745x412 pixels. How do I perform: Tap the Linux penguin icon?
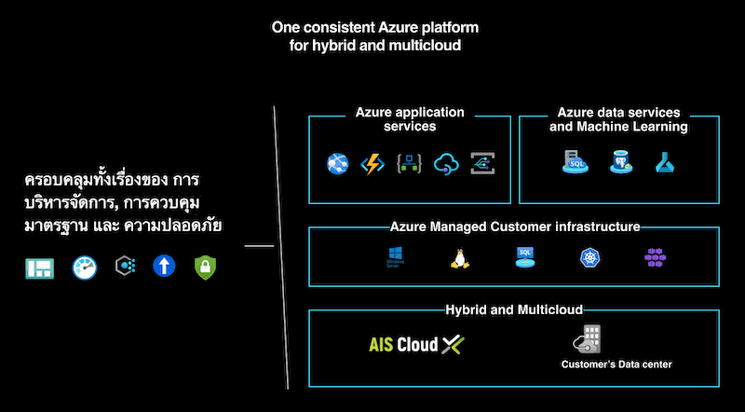(x=458, y=258)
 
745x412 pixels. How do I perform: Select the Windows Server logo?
(x=397, y=257)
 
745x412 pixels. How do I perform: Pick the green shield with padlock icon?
(x=205, y=268)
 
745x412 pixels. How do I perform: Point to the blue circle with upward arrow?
(x=165, y=268)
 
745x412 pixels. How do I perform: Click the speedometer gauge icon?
(x=85, y=268)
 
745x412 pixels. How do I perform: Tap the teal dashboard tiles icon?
(x=40, y=268)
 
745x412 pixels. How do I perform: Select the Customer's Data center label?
(x=616, y=364)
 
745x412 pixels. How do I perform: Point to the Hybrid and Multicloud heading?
(x=514, y=309)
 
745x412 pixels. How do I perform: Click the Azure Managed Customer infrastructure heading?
(x=515, y=227)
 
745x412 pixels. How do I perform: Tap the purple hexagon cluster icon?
(x=656, y=258)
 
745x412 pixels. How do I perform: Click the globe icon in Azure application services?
(x=336, y=164)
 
